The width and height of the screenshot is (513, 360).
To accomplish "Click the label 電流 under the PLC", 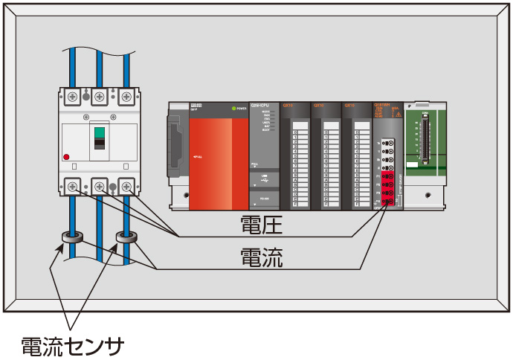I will click(x=261, y=257).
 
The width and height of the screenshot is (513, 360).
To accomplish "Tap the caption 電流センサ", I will click(x=71, y=345).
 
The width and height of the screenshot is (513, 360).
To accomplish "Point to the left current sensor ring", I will click(x=71, y=239).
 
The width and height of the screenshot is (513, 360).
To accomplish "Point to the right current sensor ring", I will click(x=126, y=239).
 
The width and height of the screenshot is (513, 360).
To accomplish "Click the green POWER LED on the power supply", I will click(x=233, y=109).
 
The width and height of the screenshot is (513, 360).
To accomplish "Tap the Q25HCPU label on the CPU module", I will click(x=261, y=106).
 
